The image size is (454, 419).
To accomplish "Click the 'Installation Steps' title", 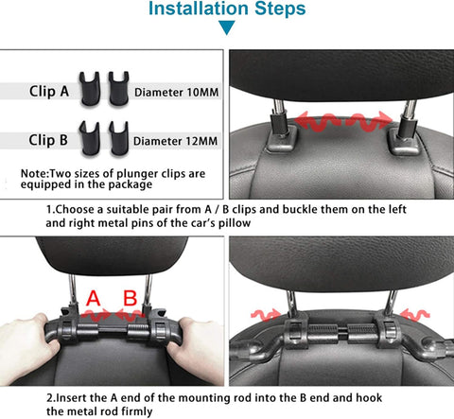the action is tap(227, 9).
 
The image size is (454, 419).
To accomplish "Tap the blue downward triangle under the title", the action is tap(227, 26).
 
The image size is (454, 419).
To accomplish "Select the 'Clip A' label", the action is tap(49, 92).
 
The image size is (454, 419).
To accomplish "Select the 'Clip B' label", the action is tap(48, 140).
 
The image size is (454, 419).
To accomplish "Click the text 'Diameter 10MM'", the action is tap(177, 93).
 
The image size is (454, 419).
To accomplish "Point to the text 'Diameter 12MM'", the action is tap(176, 141).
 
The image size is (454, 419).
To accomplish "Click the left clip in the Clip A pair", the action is tap(90, 89).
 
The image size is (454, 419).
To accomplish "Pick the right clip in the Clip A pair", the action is tap(118, 88).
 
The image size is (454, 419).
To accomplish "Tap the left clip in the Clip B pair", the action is tap(90, 138).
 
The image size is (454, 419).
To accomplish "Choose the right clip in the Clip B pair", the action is tap(118, 138).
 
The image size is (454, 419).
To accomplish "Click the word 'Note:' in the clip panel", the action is tap(35, 174).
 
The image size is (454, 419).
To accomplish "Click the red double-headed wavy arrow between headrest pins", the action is tap(344, 121).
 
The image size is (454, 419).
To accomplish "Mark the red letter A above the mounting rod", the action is tap(94, 298).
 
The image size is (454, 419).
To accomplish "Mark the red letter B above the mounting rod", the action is tap(131, 298).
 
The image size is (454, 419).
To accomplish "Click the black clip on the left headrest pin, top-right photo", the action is tap(279, 125).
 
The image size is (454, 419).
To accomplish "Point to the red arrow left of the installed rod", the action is tap(266, 315).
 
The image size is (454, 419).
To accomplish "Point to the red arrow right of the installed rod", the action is tap(414, 315).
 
